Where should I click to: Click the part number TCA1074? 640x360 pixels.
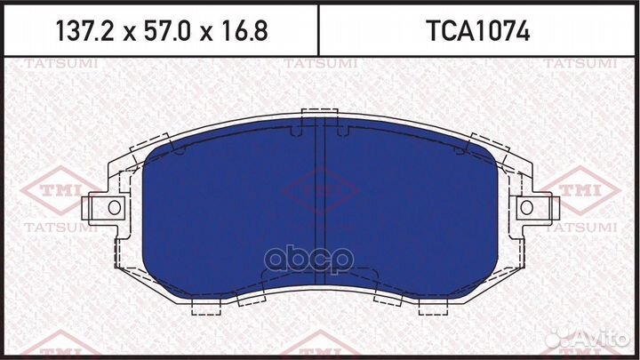[479, 33]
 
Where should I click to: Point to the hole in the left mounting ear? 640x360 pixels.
[114, 207]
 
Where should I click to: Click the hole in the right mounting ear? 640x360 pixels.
[527, 207]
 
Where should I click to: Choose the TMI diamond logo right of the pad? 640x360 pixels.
[583, 188]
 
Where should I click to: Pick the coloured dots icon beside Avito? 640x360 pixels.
[563, 338]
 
